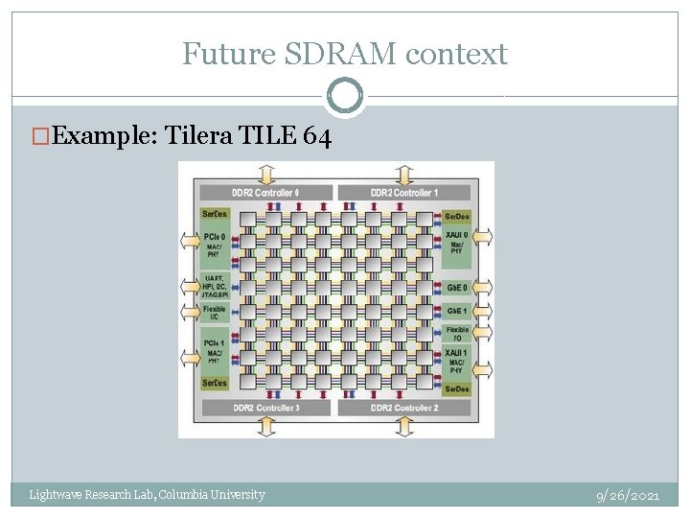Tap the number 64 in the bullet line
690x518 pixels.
click(x=317, y=137)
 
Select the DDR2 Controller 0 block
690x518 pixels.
click(x=265, y=193)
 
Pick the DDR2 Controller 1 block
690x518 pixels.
click(x=404, y=193)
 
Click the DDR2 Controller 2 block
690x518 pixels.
click(x=404, y=408)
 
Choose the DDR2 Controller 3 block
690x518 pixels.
click(x=265, y=408)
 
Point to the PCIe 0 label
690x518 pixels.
click(x=215, y=236)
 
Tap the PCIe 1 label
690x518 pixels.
click(x=215, y=342)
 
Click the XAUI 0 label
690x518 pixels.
click(x=456, y=235)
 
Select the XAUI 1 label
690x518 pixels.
click(x=456, y=353)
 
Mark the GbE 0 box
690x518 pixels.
click(x=457, y=288)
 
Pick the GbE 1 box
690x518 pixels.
click(x=457, y=311)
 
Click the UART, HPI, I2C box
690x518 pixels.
click(x=215, y=285)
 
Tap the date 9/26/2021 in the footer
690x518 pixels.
click(x=627, y=495)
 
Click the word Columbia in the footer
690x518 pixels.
click(x=183, y=495)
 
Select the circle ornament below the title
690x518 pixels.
click(x=345, y=96)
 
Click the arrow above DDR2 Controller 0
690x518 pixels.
click(x=265, y=174)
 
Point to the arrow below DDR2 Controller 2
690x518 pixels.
click(x=404, y=427)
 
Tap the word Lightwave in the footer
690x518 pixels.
click(x=55, y=495)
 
